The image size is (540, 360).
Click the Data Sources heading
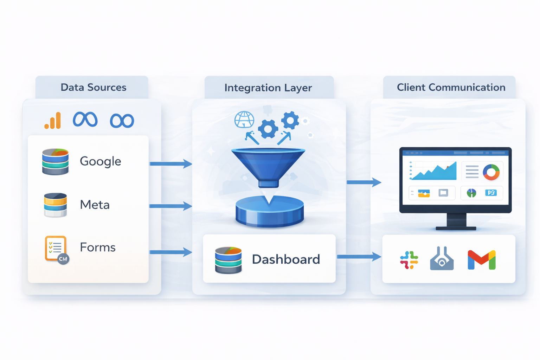93,87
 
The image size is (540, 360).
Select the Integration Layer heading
268,88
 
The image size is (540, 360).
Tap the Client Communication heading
451,87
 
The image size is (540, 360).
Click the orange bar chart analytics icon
53,121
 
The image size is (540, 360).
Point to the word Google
100,161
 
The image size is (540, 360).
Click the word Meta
95,205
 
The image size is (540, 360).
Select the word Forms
97,247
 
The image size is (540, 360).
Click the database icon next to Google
55,162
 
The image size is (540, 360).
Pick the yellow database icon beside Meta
55,205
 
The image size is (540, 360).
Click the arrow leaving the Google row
171,163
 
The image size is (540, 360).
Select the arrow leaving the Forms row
171,252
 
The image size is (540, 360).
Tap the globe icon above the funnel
244,120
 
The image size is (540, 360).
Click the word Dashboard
286,259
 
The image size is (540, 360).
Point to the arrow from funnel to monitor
364,182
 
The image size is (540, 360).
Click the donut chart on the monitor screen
491,172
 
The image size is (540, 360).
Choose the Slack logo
409,260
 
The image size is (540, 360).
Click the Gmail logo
482,260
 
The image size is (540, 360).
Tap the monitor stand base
456,228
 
